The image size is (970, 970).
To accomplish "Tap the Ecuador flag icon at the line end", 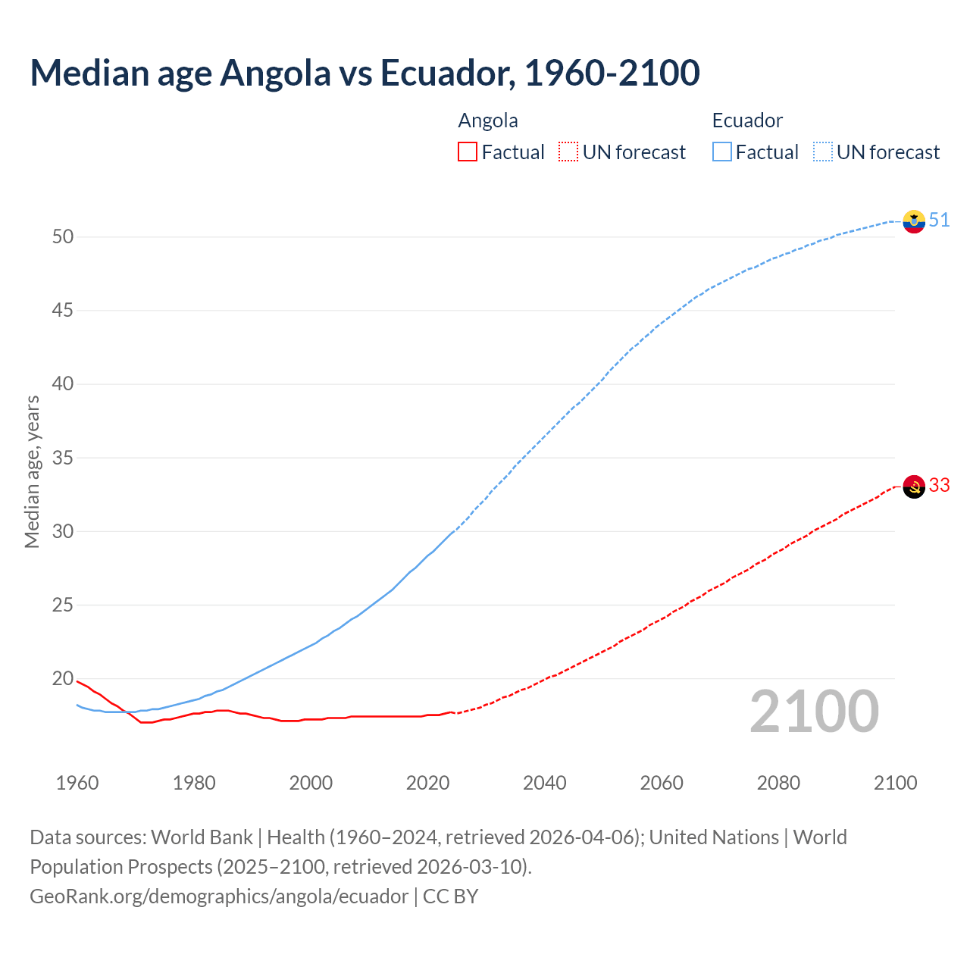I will (914, 221).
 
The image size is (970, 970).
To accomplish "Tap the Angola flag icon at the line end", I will (914, 487).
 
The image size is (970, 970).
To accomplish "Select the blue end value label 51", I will (939, 220).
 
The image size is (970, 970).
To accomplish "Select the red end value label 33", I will (939, 485).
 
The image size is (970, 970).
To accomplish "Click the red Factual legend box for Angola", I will (468, 152).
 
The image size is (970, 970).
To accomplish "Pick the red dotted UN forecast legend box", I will (568, 152).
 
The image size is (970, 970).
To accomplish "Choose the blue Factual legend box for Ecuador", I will (722, 152).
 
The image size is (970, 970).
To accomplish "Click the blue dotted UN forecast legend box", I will (823, 152).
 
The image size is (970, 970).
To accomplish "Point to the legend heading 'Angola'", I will (488, 120).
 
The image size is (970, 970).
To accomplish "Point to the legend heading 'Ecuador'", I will (747, 120).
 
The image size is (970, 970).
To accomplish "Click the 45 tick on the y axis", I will (63, 311).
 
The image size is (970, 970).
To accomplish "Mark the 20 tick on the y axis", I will (63, 679).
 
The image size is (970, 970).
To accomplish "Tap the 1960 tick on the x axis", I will (77, 783).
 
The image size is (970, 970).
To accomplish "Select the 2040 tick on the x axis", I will (545, 783).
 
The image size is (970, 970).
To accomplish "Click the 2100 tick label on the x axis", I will (895, 783).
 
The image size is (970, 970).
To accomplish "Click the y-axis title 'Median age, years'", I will (32, 471).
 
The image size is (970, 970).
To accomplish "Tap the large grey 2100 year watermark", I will (814, 712).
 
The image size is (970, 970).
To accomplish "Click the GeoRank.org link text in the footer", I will (219, 896).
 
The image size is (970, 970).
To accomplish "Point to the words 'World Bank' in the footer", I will (202, 837).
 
